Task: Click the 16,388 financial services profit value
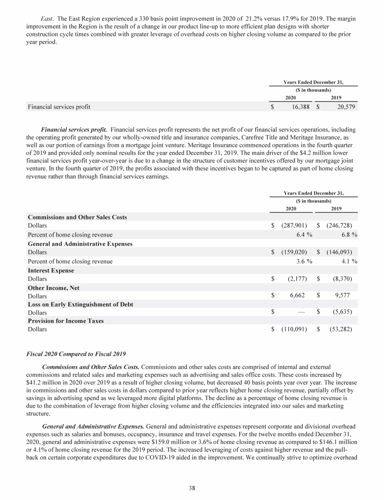(x=299, y=106)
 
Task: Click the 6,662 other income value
(x=299, y=295)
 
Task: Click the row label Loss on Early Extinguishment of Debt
(x=80, y=304)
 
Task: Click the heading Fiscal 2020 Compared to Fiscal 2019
(x=76, y=354)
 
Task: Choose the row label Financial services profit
(x=59, y=106)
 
